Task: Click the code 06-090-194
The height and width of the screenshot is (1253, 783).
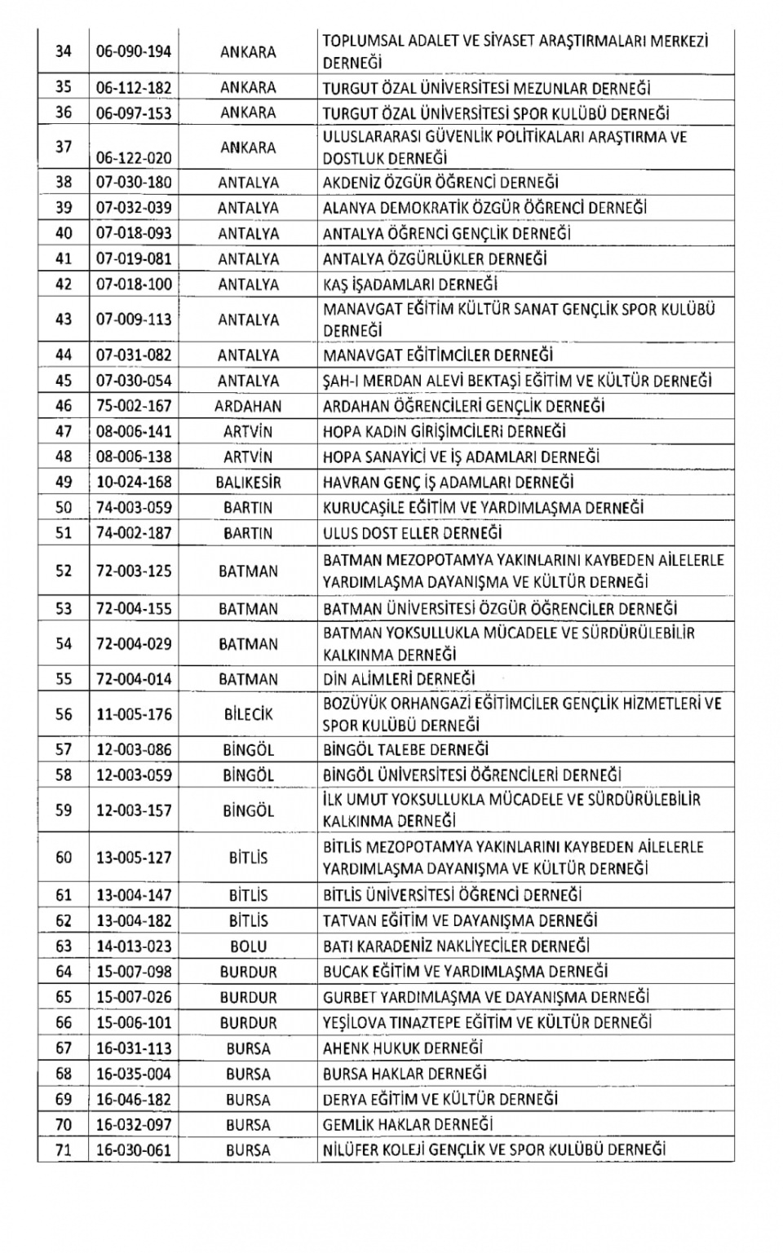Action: [x=134, y=52]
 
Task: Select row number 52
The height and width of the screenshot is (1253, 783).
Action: [x=64, y=571]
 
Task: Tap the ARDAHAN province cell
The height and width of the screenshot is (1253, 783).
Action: [x=248, y=406]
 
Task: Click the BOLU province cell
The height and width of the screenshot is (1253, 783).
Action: [x=248, y=946]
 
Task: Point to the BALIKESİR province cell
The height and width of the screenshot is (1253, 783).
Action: [x=248, y=483]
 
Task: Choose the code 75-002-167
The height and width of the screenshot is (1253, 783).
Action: [x=134, y=406]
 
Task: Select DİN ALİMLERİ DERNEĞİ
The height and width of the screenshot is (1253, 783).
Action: [x=399, y=679]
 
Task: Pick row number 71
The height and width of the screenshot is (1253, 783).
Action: [x=64, y=1150]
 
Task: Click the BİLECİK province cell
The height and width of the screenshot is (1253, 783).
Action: [x=248, y=715]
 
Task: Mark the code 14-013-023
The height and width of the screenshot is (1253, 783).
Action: [x=134, y=946]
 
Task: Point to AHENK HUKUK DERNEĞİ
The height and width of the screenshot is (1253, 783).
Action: [x=403, y=1048]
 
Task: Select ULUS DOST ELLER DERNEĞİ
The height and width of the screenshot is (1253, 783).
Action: [x=412, y=533]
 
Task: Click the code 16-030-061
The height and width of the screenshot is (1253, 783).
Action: [x=134, y=1150]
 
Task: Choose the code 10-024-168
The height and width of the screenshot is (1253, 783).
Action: [x=134, y=483]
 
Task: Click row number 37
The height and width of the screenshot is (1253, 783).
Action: [x=64, y=148]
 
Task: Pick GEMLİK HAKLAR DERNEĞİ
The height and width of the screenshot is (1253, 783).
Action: [x=408, y=1125]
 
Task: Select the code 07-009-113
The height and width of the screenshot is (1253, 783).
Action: [x=134, y=320]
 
